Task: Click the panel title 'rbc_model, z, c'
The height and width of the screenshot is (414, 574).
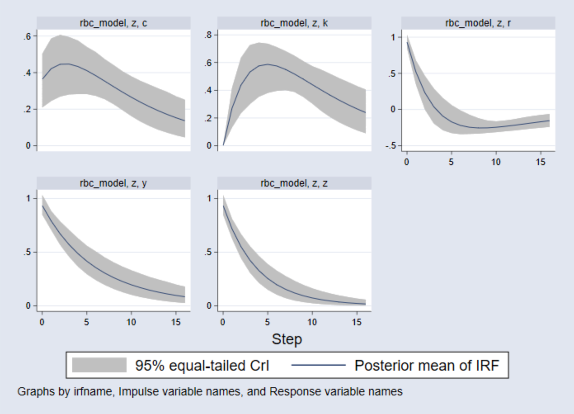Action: (113, 23)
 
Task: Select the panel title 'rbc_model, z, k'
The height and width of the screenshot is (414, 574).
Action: (294, 23)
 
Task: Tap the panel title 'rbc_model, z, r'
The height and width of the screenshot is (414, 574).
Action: (478, 23)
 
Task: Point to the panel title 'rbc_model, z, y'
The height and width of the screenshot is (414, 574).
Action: (113, 183)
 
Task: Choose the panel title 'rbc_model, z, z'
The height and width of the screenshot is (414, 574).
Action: (294, 183)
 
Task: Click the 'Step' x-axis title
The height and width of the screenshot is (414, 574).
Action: (287, 339)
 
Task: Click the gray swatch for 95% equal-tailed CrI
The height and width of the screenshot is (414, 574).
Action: (99, 365)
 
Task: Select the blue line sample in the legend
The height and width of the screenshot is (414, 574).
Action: (318, 365)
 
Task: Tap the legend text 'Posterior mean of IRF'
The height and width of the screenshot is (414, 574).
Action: (426, 365)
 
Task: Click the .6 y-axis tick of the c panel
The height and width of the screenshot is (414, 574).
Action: (27, 36)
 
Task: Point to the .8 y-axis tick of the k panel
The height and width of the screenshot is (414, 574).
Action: (208, 35)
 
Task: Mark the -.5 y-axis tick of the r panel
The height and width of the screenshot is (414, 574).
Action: (391, 146)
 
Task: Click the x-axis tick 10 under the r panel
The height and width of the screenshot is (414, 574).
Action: (496, 162)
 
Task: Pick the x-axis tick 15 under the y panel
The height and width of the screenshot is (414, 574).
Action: (176, 322)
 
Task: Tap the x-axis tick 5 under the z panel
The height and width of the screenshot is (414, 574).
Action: (267, 322)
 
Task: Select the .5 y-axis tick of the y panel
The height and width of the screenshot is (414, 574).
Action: (27, 252)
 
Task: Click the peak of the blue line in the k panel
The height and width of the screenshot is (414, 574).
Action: (268, 64)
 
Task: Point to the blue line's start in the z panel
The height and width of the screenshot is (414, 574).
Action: (223, 206)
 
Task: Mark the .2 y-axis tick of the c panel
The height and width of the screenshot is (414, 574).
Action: (27, 109)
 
